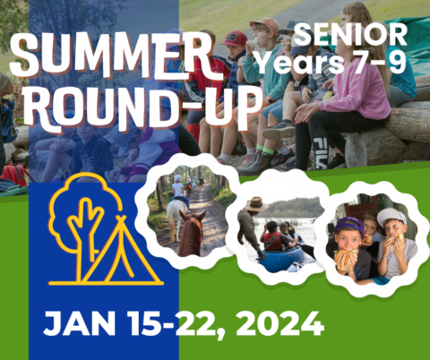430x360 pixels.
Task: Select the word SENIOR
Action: tap(350, 35)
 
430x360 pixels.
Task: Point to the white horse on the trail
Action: tap(178, 210)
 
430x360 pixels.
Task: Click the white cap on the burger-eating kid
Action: tap(391, 218)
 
